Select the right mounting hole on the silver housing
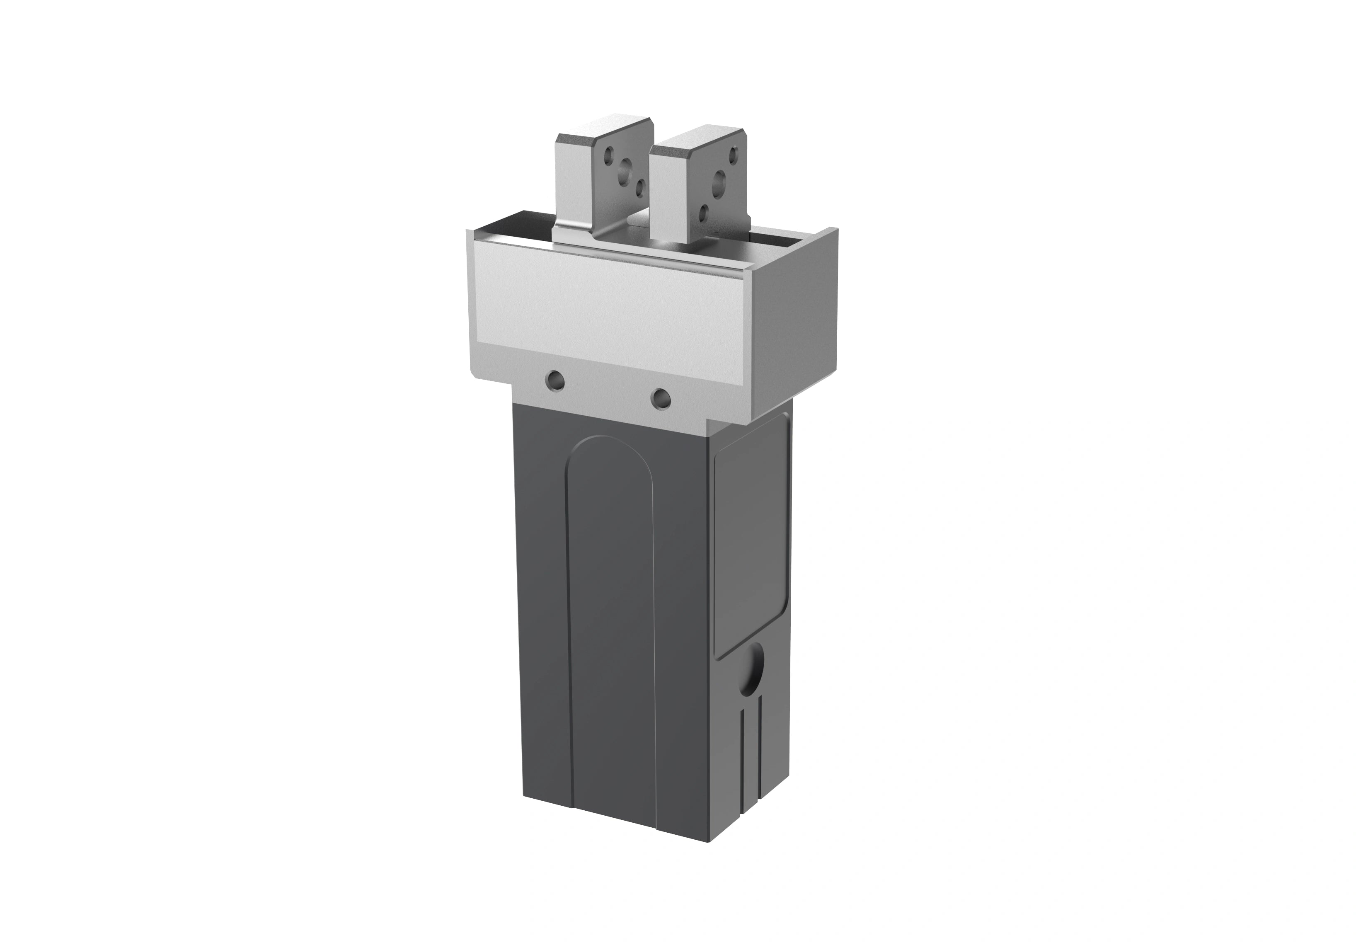(x=660, y=398)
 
